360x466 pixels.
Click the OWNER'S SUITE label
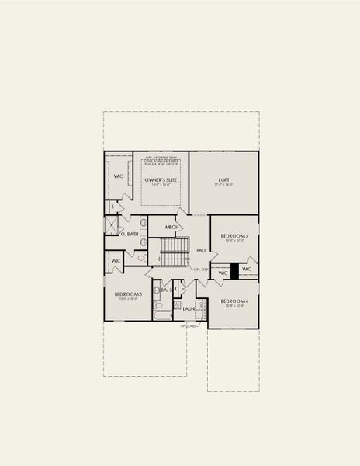(x=161, y=179)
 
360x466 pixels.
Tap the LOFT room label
(x=223, y=179)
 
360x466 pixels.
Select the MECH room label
(x=172, y=228)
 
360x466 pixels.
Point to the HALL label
(x=200, y=250)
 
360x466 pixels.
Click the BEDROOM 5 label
(x=234, y=235)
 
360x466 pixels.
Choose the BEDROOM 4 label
(x=234, y=301)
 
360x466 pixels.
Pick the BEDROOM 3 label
(x=127, y=294)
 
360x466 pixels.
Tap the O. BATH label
(x=130, y=234)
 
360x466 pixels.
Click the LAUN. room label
(x=189, y=308)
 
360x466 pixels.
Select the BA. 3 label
(x=164, y=290)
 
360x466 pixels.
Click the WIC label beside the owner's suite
(x=119, y=176)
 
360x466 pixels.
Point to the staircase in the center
(x=175, y=252)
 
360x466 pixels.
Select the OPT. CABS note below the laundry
(x=189, y=326)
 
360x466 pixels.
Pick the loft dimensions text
(x=223, y=186)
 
